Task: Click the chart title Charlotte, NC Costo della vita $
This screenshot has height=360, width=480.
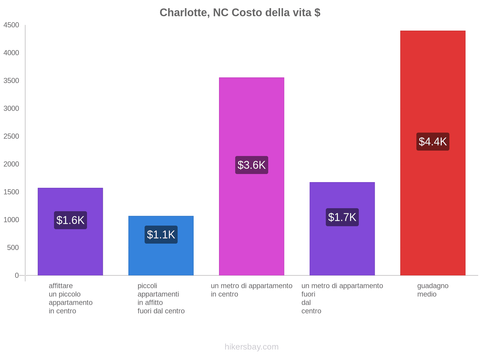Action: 240,13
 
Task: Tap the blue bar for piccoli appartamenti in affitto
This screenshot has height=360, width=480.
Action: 161,258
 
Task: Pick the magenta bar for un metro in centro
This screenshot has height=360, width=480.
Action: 251,120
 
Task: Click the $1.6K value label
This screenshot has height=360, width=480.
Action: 70,220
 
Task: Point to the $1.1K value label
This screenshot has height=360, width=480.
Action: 161,235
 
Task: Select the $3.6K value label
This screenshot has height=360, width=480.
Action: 251,165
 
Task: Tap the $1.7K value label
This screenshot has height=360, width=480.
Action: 342,217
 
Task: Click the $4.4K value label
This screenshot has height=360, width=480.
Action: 433,142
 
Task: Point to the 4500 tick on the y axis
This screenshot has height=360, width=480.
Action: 11,25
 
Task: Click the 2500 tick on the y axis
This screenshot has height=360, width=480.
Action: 11,136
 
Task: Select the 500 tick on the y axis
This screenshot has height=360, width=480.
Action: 13,248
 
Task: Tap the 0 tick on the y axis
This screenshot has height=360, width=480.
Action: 17,275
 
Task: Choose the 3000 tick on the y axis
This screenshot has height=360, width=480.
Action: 11,109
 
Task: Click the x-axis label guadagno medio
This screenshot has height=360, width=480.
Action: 433,290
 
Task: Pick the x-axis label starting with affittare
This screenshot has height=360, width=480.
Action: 70,298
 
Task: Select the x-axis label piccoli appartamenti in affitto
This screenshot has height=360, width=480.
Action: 161,298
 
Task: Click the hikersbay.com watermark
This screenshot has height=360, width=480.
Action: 251,347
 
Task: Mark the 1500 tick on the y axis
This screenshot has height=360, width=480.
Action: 11,192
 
